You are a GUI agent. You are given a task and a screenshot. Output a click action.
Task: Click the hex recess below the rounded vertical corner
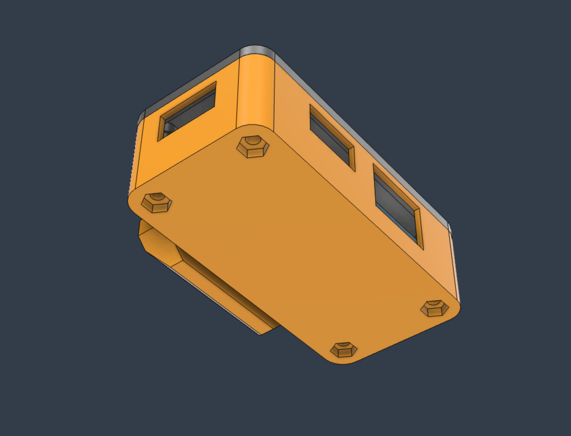point(253,147)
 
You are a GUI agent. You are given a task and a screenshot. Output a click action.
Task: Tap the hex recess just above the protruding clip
point(156,203)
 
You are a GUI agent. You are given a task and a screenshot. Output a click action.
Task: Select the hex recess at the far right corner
point(435,308)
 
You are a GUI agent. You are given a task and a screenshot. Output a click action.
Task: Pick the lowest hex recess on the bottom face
point(344,349)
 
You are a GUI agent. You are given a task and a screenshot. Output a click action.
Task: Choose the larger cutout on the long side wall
point(397,204)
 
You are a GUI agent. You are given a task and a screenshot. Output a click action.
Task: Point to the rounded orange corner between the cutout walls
point(256,94)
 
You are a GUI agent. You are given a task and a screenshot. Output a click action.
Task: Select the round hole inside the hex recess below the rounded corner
point(253,141)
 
